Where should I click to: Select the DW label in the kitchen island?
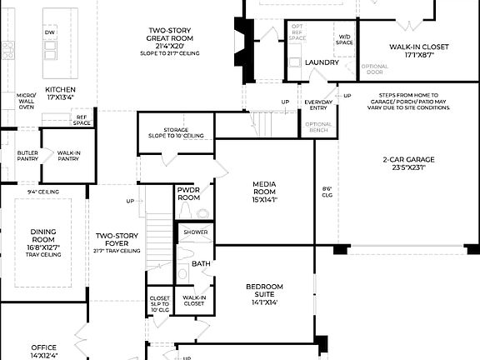[50, 32]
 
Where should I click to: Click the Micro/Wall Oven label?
[26, 101]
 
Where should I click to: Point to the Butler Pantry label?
[27, 156]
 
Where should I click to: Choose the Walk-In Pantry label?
[68, 156]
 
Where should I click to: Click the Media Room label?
[264, 193]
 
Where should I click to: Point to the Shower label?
[197, 232]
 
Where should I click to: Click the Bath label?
[201, 263]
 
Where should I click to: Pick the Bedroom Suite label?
[264, 294]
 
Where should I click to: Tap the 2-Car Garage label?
[408, 163]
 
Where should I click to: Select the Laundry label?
[322, 62]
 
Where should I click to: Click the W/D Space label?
[343, 39]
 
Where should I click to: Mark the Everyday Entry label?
[317, 104]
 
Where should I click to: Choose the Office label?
[44, 351]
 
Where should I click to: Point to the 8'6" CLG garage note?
[327, 192]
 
